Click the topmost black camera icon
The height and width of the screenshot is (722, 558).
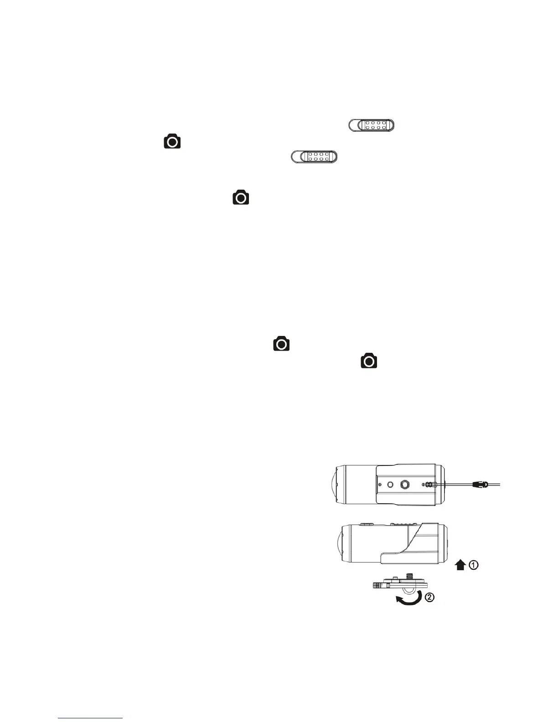172,141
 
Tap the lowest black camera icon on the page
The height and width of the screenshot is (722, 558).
369,361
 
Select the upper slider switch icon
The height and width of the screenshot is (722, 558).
371,125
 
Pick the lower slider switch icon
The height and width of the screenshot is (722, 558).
314,156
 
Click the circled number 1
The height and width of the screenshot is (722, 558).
474,565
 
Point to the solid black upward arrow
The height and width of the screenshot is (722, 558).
460,565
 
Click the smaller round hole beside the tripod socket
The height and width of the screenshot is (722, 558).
390,485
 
